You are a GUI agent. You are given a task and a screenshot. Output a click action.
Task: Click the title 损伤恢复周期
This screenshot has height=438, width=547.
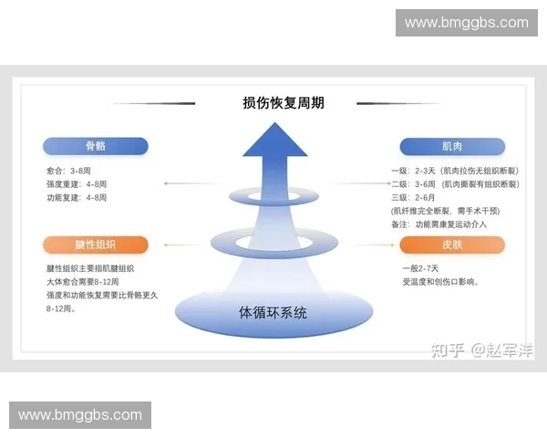(283, 103)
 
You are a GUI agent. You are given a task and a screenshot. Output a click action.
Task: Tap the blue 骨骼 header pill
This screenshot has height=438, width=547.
(95, 146)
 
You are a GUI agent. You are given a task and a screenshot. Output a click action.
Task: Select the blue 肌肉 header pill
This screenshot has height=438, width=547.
(452, 146)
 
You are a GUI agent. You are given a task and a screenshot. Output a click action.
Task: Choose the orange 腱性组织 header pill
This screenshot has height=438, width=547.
(95, 245)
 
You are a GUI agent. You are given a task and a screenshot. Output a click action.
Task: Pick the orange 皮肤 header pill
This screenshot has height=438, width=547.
(452, 245)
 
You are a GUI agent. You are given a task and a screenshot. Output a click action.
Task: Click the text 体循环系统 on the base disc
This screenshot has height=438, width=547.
(273, 312)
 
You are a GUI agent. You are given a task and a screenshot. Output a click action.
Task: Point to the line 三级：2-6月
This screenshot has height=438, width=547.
(413, 196)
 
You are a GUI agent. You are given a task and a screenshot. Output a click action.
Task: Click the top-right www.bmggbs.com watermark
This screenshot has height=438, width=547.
(466, 23)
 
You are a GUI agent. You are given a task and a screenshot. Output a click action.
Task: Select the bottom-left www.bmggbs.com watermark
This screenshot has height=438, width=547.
(80, 415)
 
